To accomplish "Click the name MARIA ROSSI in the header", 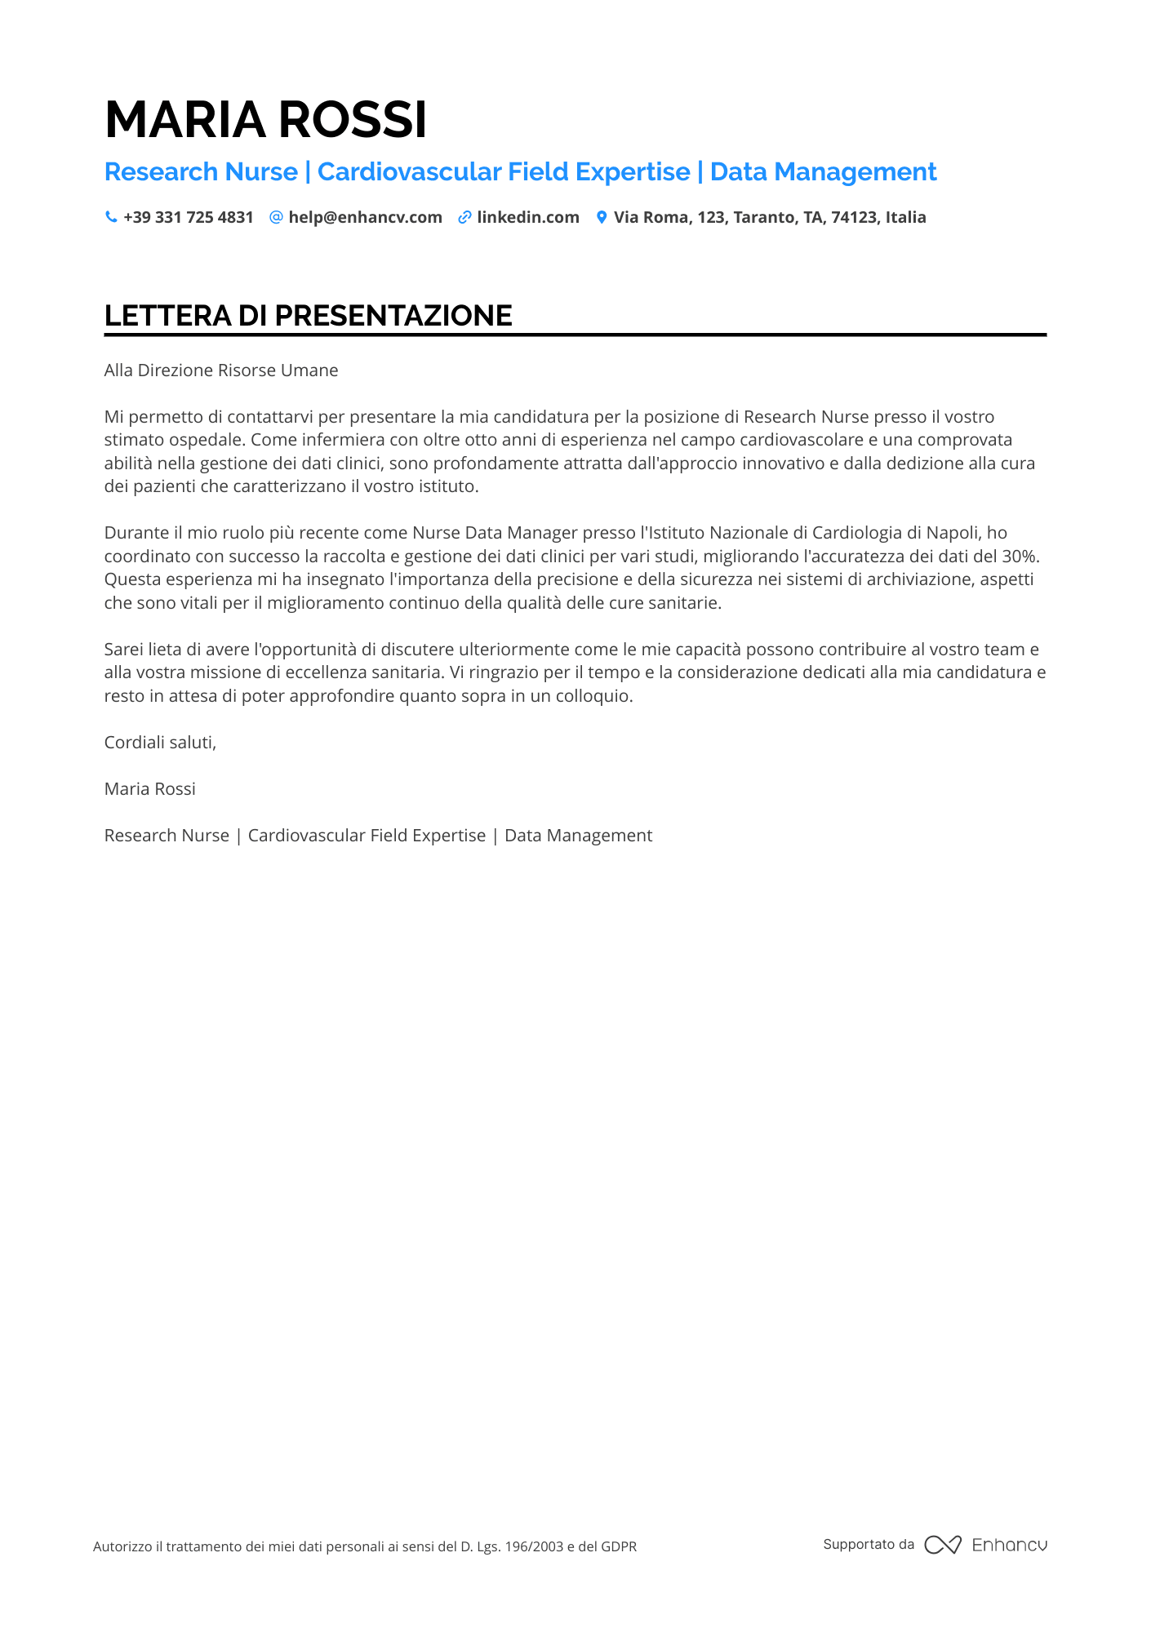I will (x=265, y=120).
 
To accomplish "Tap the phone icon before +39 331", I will (x=111, y=217).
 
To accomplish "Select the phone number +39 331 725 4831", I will (x=188, y=217).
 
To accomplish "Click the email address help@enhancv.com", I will (x=365, y=217).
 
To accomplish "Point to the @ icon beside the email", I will (x=276, y=217).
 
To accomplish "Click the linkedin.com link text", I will (x=527, y=217).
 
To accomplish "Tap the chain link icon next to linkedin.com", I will (x=464, y=217).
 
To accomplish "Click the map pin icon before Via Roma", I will (x=602, y=217).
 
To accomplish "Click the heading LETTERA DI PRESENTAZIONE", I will (x=308, y=316).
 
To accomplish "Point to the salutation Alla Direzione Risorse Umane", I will (x=220, y=370).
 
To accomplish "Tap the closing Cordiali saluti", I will (x=160, y=743).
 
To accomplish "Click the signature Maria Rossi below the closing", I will (x=149, y=789).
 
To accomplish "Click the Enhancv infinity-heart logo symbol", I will (x=942, y=1545).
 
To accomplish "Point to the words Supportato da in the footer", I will (x=869, y=1544).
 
